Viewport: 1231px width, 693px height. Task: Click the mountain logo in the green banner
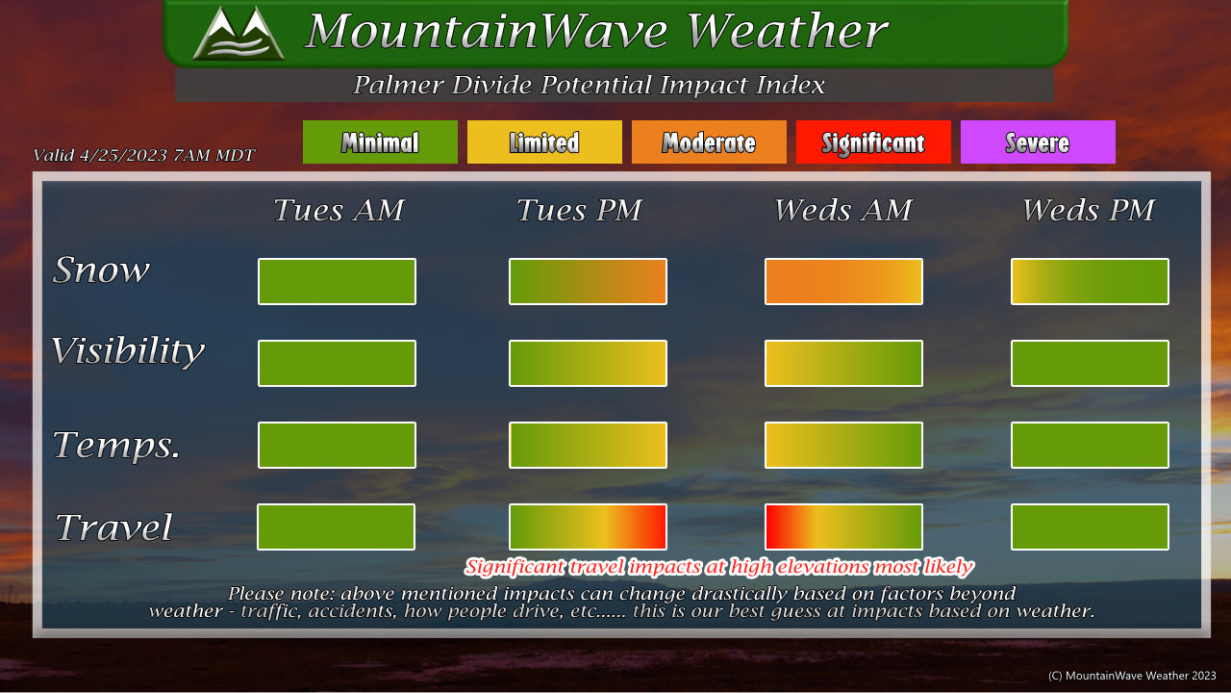point(239,33)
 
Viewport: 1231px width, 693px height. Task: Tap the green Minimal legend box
point(380,141)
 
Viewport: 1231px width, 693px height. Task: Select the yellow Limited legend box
point(544,141)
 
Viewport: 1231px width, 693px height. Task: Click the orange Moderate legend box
point(709,141)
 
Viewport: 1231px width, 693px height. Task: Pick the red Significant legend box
point(873,141)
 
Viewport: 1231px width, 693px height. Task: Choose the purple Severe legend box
point(1038,141)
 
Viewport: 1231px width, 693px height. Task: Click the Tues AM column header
point(339,210)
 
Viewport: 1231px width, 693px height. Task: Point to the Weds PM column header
point(1088,210)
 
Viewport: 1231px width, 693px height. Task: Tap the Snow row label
point(101,270)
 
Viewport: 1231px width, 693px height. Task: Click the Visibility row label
point(128,351)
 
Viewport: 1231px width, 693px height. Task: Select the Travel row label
point(113,526)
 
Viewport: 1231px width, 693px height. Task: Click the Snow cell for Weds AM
point(843,282)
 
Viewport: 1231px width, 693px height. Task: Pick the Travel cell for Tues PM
point(588,526)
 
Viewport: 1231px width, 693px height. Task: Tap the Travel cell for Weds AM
point(843,526)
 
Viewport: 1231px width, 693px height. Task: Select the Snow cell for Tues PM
point(588,282)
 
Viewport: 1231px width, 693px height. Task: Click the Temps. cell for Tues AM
point(337,445)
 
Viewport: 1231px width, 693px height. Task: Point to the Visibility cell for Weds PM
point(1090,363)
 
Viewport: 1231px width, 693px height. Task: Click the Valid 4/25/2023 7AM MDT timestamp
point(144,155)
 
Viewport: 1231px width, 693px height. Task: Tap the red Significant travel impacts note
point(718,567)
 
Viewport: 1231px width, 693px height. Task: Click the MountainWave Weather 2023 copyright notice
point(1132,676)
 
